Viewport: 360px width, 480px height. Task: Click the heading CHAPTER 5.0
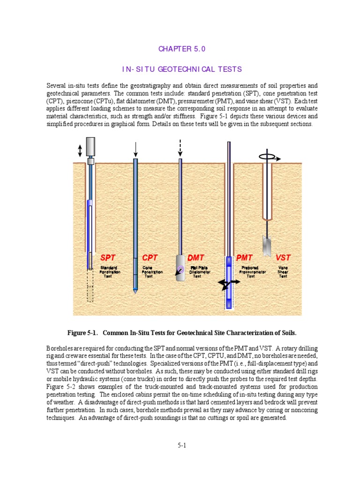click(x=182, y=49)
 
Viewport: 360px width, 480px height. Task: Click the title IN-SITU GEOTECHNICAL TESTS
click(x=182, y=69)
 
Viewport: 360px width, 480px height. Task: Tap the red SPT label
click(x=108, y=258)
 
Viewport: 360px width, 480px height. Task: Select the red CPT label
click(x=150, y=258)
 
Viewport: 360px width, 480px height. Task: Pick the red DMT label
click(x=196, y=258)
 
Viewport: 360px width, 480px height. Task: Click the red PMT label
click(x=244, y=258)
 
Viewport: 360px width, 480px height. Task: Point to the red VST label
click(x=283, y=258)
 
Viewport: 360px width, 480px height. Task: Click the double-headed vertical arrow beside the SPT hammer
click(x=80, y=150)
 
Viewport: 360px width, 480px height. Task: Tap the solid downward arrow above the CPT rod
click(x=135, y=149)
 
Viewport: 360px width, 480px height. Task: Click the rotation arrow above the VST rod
click(x=269, y=158)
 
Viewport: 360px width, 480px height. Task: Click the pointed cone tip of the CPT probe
click(x=135, y=290)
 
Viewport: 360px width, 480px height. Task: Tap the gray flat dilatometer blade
click(x=180, y=269)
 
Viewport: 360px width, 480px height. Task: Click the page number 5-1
click(x=182, y=446)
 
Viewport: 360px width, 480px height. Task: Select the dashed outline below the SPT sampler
click(x=90, y=287)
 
